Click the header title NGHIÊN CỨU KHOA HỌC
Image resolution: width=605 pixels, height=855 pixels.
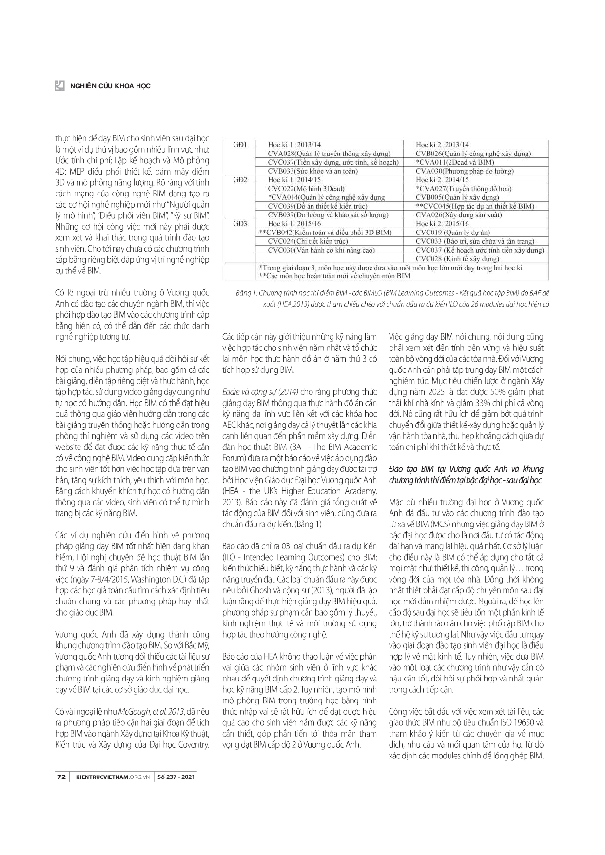click(110, 86)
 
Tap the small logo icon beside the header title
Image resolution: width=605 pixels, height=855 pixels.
click(59, 85)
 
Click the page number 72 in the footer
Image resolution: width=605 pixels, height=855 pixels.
click(61, 777)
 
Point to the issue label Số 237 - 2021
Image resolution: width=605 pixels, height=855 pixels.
click(176, 777)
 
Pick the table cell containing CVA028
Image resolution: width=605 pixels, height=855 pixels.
click(327, 154)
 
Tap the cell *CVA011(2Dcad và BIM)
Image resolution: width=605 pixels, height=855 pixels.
click(455, 162)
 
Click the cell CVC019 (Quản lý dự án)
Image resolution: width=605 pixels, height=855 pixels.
click(452, 233)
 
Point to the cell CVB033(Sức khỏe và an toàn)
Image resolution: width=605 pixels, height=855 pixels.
click(313, 171)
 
